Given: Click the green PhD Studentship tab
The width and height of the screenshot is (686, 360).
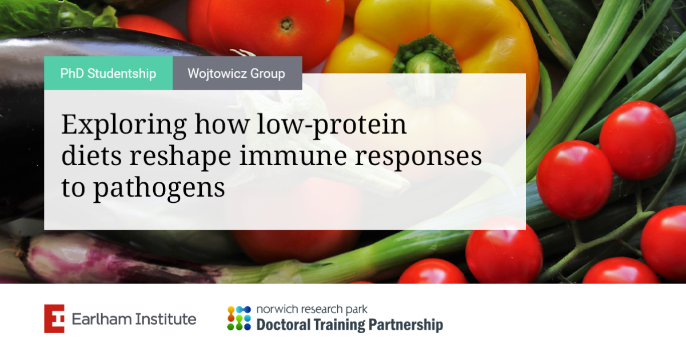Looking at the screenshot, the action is (109, 73).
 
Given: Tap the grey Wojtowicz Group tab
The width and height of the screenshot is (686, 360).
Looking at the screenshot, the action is (237, 73).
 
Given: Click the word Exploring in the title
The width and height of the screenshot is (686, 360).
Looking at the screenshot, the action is (124, 125).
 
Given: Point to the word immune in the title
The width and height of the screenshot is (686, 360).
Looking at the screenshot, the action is (293, 155).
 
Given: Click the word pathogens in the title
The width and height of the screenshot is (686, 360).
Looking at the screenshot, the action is (159, 188).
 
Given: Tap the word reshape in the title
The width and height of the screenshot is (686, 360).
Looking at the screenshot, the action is (180, 157).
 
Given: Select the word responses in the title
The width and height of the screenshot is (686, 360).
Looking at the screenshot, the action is (418, 157).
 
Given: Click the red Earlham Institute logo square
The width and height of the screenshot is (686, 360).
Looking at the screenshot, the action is (54, 319).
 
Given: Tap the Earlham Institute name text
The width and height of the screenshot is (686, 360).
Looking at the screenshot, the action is (134, 319).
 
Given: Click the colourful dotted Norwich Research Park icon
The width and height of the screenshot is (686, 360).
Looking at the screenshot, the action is (239, 318).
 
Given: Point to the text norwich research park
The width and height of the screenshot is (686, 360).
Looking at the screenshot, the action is (312, 310).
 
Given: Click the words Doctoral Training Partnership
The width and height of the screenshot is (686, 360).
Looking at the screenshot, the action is (350, 325).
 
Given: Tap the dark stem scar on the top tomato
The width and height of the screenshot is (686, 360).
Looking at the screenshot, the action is (286, 25).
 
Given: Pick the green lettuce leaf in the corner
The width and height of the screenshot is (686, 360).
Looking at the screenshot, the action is (55, 15).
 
